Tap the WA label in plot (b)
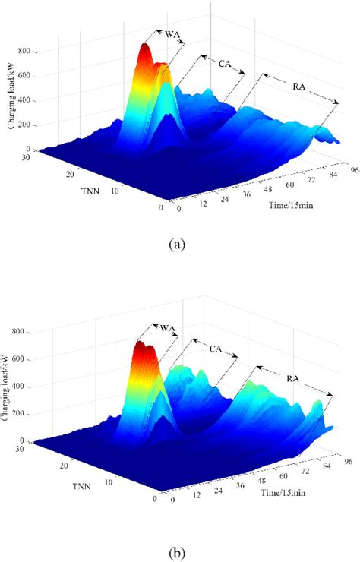169,328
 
